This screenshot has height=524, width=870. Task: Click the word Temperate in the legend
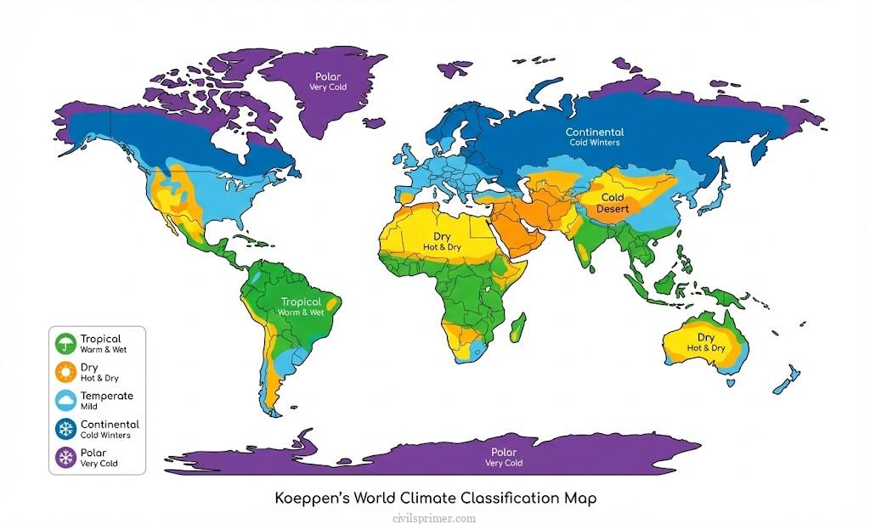click(x=106, y=396)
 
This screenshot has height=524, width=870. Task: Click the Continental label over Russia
click(x=595, y=132)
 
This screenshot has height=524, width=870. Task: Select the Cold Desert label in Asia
click(x=612, y=203)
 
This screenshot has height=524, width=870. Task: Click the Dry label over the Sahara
click(x=442, y=237)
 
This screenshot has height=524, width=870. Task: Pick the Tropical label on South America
click(x=302, y=301)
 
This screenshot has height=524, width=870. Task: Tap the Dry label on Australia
click(x=706, y=337)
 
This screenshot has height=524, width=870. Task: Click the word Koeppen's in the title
click(x=311, y=498)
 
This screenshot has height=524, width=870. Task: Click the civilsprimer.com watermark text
click(x=435, y=517)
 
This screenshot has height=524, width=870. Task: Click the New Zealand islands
click(x=788, y=378)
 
